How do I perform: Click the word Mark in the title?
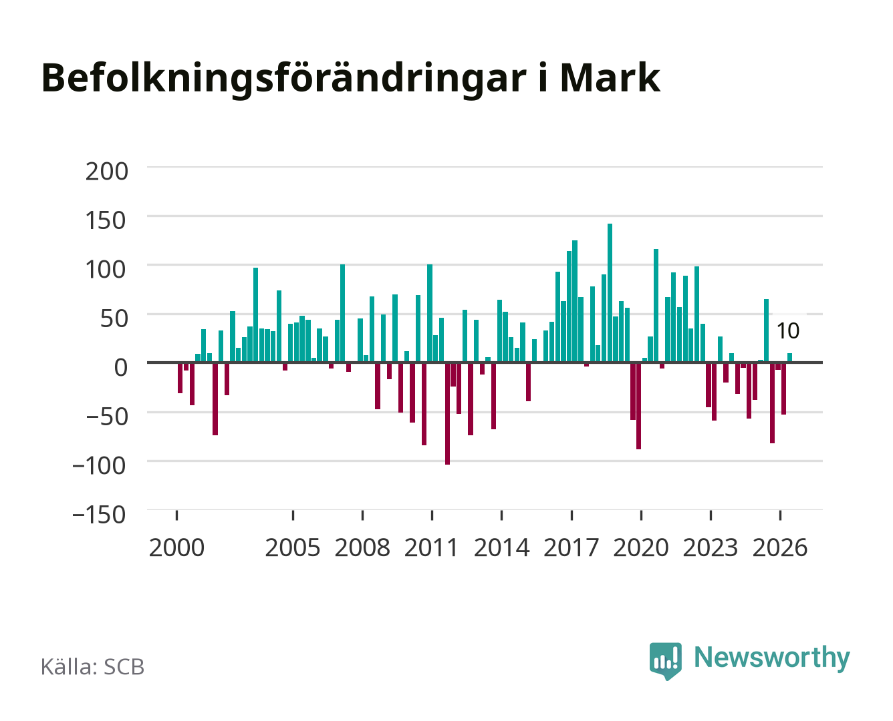(x=610, y=78)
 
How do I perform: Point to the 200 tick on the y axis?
(x=106, y=172)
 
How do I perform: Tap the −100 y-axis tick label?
(x=99, y=465)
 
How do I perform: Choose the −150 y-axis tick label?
(x=99, y=514)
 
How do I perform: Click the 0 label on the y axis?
(x=121, y=367)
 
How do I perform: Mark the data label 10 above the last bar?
(x=788, y=330)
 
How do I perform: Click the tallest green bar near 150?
(x=610, y=292)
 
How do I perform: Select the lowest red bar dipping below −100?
(x=447, y=414)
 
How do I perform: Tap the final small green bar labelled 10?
(x=789, y=358)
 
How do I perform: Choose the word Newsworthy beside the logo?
(x=772, y=658)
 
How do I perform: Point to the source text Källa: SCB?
(x=92, y=666)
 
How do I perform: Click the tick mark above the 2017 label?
(x=571, y=515)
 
